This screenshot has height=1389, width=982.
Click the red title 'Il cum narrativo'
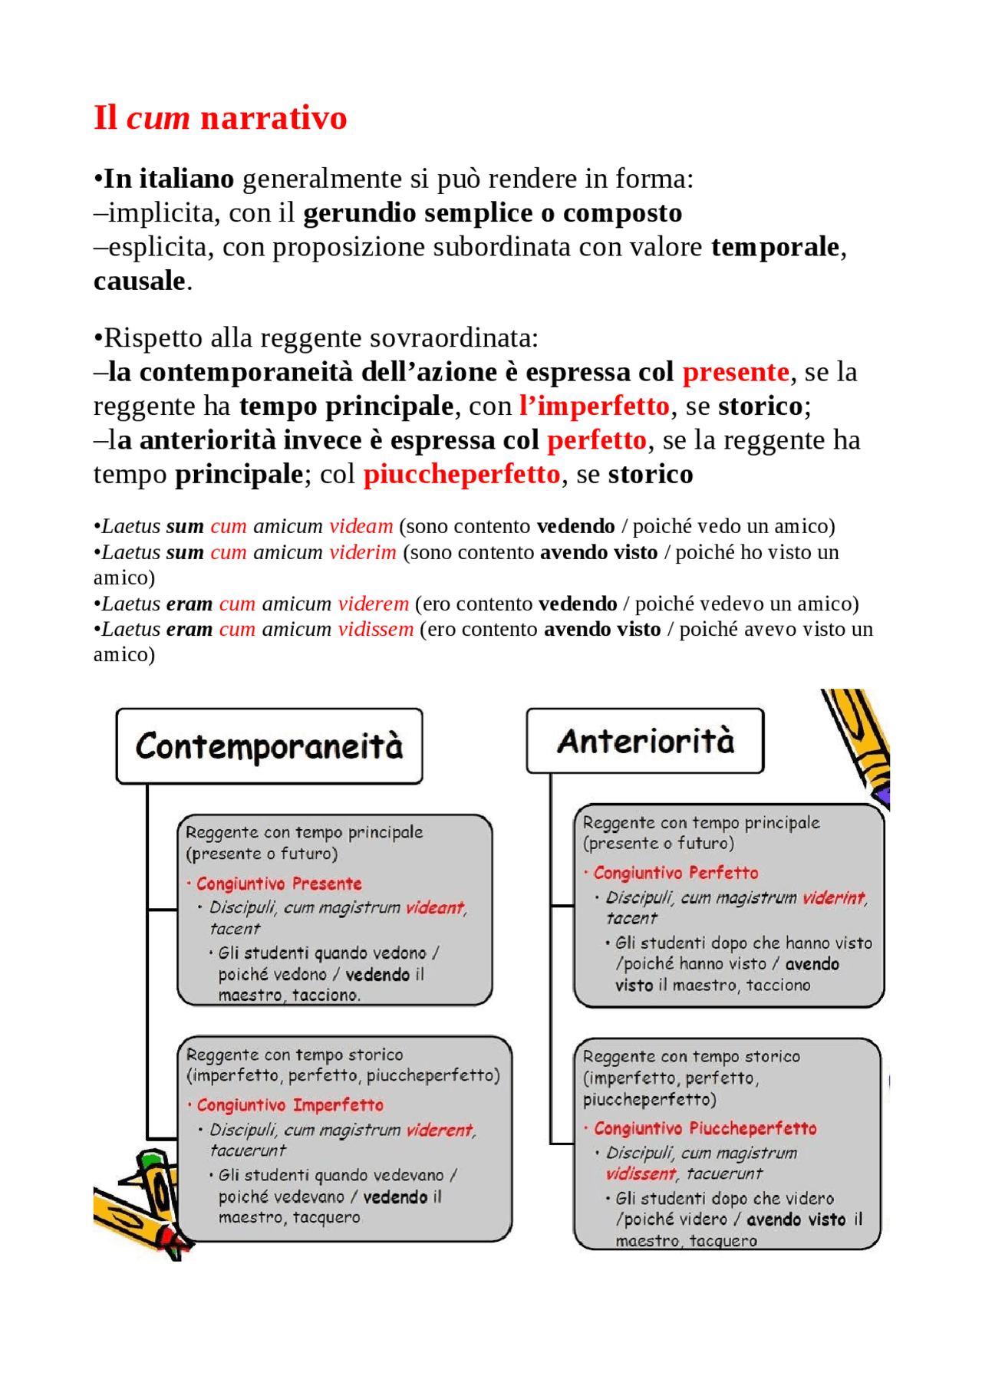point(220,118)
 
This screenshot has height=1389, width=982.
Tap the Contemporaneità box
point(269,746)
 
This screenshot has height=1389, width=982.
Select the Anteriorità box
point(644,741)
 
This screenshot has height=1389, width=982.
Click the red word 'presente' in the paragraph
point(735,372)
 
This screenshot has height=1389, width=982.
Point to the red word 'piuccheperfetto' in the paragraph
point(461,474)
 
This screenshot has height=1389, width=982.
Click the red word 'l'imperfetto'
point(594,406)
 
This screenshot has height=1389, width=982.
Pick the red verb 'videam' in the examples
point(361,526)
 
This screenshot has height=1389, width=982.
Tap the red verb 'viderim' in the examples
point(362,552)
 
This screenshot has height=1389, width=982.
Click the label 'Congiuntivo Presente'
point(278,884)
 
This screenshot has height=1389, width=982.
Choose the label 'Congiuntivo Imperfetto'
point(289,1105)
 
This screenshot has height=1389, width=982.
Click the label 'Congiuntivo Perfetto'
point(675,873)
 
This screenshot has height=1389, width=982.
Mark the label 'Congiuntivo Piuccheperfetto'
point(704,1128)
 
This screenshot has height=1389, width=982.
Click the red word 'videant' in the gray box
point(435,907)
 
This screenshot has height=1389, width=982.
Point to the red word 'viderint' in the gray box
point(833,897)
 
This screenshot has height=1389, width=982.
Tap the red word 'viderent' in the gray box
point(440,1130)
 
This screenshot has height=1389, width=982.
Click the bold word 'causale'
point(139,281)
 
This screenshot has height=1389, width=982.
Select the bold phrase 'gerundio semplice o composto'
point(492,212)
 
